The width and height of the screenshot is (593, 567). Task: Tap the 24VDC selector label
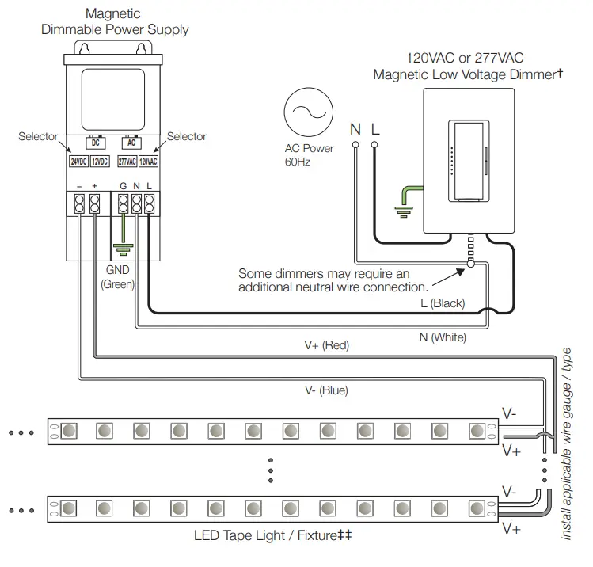pos(78,162)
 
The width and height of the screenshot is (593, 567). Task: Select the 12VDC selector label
pos(100,162)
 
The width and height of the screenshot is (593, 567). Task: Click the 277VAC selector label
pos(127,162)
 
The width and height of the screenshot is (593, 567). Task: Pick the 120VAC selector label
pos(149,162)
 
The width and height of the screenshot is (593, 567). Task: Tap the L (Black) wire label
pos(443,303)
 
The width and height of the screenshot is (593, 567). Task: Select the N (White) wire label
pos(443,337)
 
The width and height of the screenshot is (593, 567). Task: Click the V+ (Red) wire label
pos(327,345)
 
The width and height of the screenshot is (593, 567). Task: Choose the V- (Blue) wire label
pos(326,390)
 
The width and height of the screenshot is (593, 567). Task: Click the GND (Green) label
pos(117,276)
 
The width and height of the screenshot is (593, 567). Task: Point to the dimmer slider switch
pos(468,158)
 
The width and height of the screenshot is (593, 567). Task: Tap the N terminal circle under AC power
pos(356,145)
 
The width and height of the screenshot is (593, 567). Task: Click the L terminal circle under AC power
pos(374,145)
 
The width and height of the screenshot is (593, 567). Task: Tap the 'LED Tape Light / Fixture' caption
pos(272,535)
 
